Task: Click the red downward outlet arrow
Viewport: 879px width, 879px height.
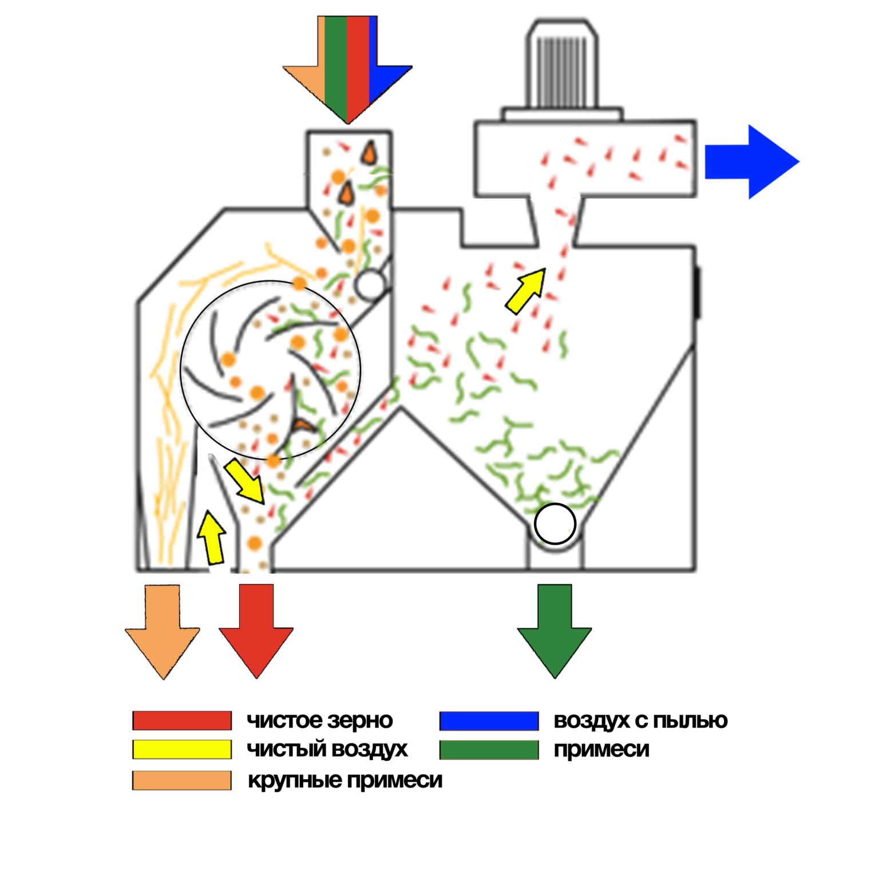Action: coord(256,629)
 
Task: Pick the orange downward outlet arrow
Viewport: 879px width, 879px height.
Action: coord(163,629)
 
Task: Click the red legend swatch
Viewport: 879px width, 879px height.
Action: coord(182,720)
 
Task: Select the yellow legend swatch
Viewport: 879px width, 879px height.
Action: coord(182,749)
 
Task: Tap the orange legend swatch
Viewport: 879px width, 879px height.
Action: coord(182,781)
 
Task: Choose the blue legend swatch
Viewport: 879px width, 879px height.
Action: coord(489,721)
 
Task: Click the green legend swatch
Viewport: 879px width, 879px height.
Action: coord(489,750)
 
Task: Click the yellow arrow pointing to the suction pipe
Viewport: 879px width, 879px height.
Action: coord(526,291)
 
